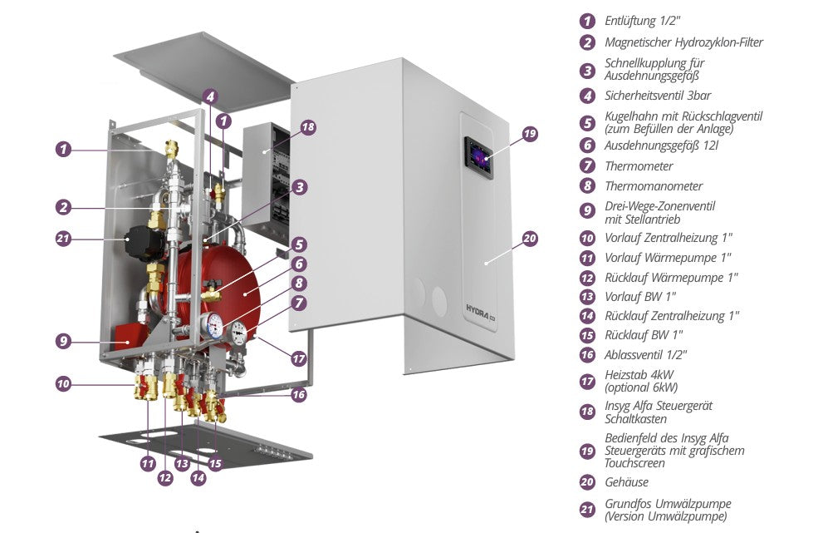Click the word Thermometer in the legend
point(639,166)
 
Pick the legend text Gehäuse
point(626,482)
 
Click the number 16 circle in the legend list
point(588,355)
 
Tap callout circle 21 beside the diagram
point(64,239)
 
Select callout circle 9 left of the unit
point(64,340)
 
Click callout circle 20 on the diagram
point(530,239)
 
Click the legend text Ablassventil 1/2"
point(646,355)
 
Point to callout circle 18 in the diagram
point(308,127)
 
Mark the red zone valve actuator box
point(128,336)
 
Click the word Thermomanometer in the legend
point(654,186)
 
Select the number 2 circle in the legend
point(588,42)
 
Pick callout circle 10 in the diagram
point(64,384)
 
